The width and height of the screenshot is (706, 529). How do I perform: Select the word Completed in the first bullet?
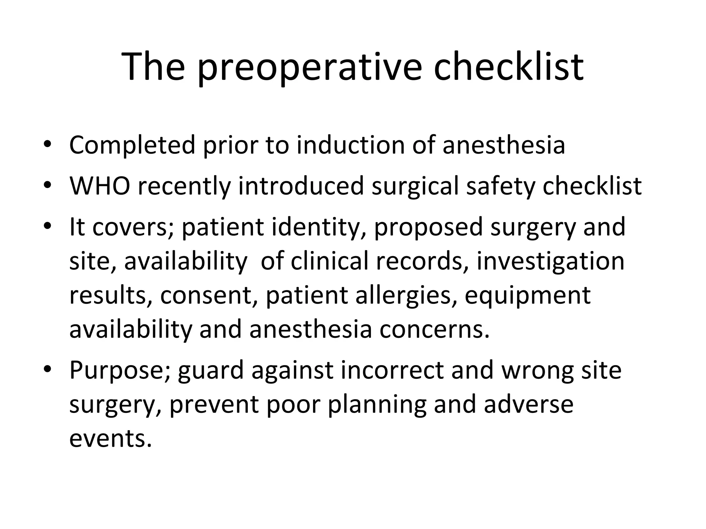(x=132, y=145)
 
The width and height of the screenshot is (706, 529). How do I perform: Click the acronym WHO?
(x=100, y=186)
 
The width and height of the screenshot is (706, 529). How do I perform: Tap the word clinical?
(x=329, y=261)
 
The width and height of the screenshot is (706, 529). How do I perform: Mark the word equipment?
(x=527, y=296)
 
